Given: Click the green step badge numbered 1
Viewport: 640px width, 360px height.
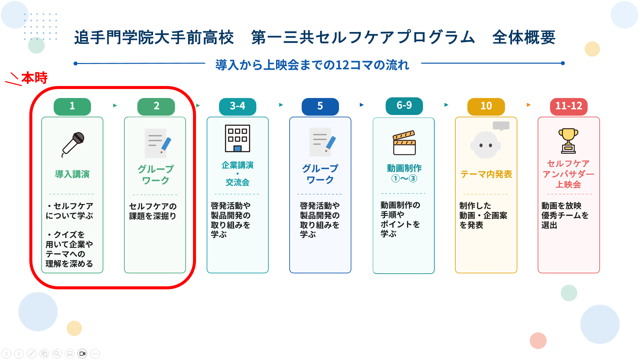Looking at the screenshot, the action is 72,107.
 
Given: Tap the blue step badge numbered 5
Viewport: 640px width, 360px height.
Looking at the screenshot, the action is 320,107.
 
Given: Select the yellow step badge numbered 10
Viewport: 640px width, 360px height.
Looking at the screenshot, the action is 486,107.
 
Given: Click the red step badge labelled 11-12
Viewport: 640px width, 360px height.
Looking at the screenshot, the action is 569,107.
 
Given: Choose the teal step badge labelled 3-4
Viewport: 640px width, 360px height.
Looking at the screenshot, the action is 238,107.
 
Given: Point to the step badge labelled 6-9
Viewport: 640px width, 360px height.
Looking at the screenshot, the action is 404,106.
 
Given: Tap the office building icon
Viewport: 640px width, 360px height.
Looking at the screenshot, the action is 238,138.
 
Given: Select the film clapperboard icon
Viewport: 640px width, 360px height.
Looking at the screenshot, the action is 404,143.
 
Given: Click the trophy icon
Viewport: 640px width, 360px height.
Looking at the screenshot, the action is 568,141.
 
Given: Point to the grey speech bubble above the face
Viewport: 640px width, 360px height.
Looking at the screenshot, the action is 501,126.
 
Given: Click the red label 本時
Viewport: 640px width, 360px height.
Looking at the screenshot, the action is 35,78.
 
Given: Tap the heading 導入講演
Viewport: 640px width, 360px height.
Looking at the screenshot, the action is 72,174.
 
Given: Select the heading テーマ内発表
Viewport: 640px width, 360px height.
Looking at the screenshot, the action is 486,174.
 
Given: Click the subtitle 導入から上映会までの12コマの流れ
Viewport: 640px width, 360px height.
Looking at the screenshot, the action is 312,65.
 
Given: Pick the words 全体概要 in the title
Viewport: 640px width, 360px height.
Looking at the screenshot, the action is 524,37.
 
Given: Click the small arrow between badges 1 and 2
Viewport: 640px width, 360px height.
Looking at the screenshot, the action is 115,105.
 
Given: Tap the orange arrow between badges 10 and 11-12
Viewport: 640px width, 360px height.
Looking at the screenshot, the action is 528,105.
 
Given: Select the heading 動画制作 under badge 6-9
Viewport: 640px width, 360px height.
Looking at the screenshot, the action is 404,168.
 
